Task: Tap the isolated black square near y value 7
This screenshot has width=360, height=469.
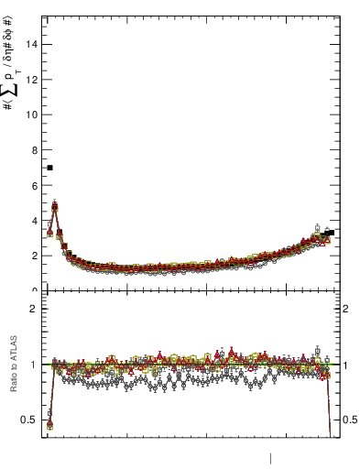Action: tap(49, 168)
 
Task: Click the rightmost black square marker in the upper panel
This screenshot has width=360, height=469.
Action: tap(331, 233)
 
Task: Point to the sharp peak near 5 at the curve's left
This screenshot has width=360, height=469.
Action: tap(55, 206)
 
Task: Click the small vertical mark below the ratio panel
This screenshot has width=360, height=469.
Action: tap(270, 456)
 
